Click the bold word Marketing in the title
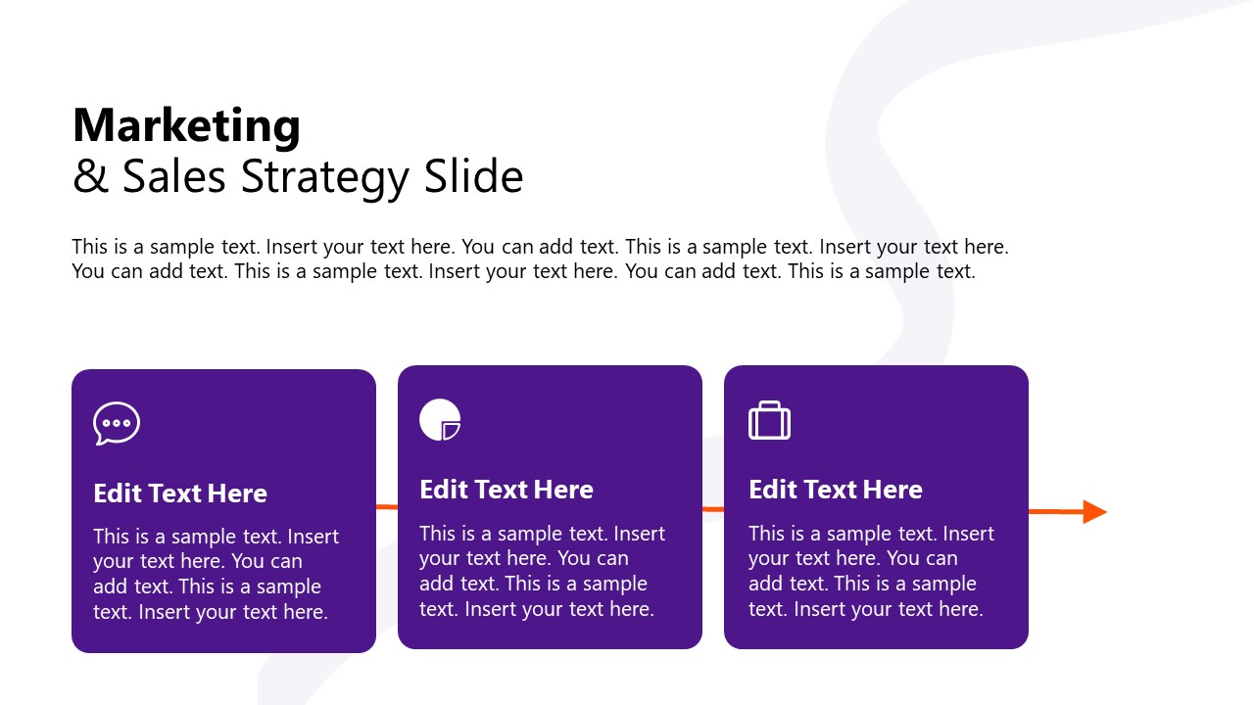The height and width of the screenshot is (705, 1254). [186, 126]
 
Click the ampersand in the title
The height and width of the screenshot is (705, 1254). [90, 177]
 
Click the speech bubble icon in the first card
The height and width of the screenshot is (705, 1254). [117, 424]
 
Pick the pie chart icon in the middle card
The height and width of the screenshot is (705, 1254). [439, 419]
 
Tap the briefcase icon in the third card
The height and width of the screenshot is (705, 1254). [769, 421]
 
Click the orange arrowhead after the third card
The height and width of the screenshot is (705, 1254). [1094, 511]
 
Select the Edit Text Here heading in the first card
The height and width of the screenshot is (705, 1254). [180, 493]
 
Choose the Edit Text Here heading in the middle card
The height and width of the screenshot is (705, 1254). [506, 490]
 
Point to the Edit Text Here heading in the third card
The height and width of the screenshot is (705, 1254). [836, 490]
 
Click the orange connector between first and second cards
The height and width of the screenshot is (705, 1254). [387, 506]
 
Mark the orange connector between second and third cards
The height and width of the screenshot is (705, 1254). [713, 509]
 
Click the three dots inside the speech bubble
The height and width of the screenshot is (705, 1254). [117, 423]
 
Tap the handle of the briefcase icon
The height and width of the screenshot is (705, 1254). [769, 404]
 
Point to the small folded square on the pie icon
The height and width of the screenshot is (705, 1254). [451, 430]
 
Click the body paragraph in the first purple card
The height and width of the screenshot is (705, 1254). [216, 575]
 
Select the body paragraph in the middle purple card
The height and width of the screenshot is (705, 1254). [542, 572]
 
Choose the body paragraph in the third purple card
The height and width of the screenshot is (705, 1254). [871, 572]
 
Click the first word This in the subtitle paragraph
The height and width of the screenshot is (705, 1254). [90, 247]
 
